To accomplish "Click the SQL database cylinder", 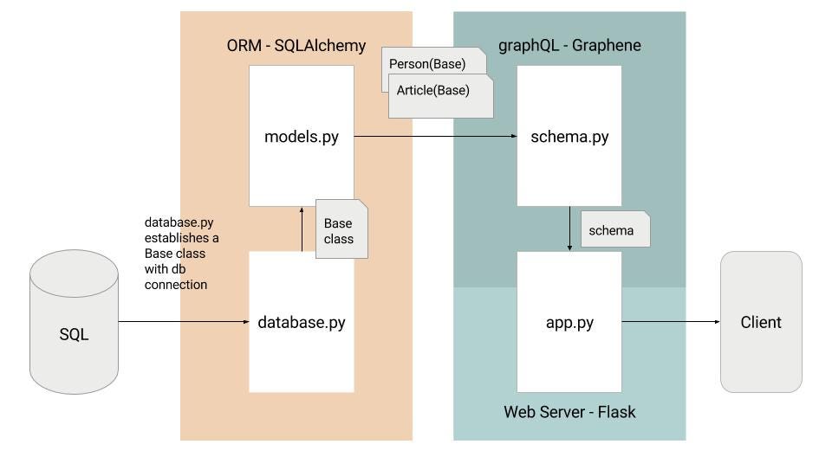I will (x=74, y=322).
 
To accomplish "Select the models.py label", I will (x=302, y=136).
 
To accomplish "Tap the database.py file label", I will (x=302, y=322).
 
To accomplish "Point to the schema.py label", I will (x=569, y=136).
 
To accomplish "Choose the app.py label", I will (x=569, y=322).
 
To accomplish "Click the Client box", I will (x=761, y=322).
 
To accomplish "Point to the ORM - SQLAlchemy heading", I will (x=296, y=45).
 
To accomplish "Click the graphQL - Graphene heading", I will (x=569, y=45).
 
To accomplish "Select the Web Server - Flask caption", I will (x=569, y=412).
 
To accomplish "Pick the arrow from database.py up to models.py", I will (x=302, y=228).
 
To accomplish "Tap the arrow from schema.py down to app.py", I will (x=569, y=228).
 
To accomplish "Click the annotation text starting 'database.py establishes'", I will (x=181, y=254).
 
